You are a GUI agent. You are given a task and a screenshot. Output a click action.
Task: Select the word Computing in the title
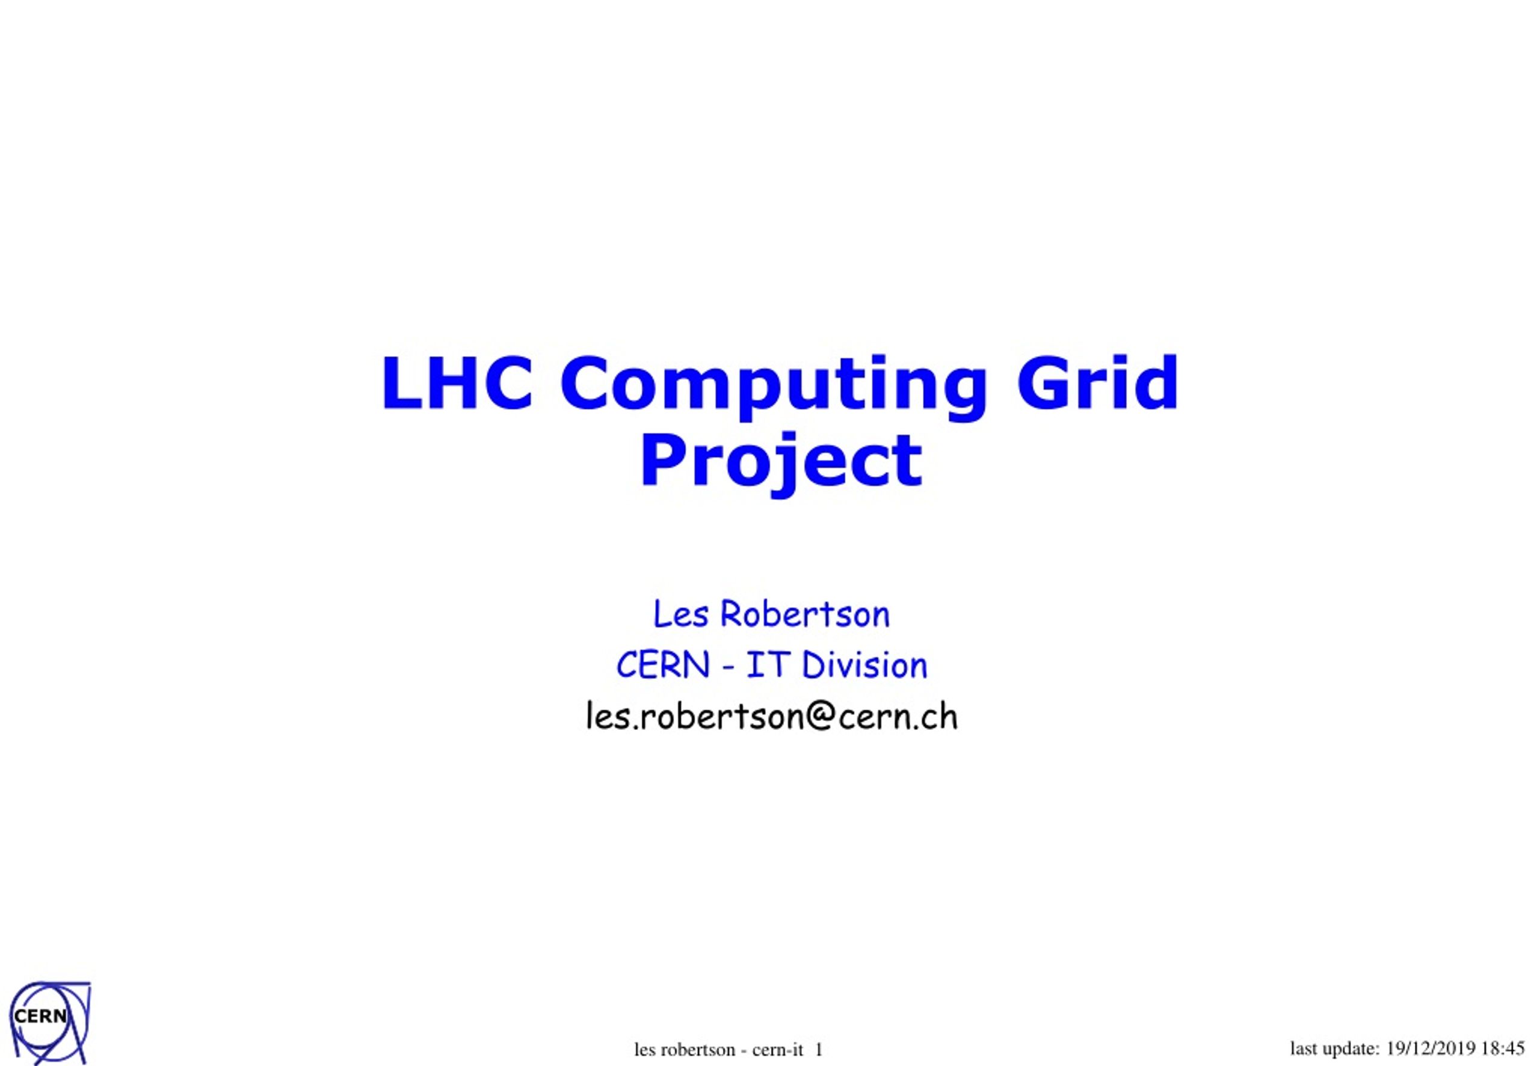click(773, 388)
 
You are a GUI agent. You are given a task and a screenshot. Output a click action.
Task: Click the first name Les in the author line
click(680, 614)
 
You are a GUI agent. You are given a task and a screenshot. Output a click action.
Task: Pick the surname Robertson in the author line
click(804, 614)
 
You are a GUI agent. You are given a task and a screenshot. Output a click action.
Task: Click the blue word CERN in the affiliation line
click(662, 665)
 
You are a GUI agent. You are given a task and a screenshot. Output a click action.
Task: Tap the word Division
click(864, 665)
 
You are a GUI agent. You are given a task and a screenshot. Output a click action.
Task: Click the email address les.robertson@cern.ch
click(772, 717)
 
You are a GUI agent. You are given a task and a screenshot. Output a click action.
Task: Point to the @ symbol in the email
click(821, 718)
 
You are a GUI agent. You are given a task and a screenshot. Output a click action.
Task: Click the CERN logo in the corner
click(49, 1022)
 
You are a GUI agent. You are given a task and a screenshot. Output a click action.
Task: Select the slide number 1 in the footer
click(819, 1050)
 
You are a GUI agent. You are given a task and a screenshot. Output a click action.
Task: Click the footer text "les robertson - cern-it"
click(718, 1050)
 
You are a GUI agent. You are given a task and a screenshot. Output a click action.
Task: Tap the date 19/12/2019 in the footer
click(1431, 1048)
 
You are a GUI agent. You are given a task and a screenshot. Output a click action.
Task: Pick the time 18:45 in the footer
click(1503, 1048)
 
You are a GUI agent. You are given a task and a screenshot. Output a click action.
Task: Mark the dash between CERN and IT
click(727, 667)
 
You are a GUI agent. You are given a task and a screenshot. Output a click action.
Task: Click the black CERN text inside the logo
click(40, 1017)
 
